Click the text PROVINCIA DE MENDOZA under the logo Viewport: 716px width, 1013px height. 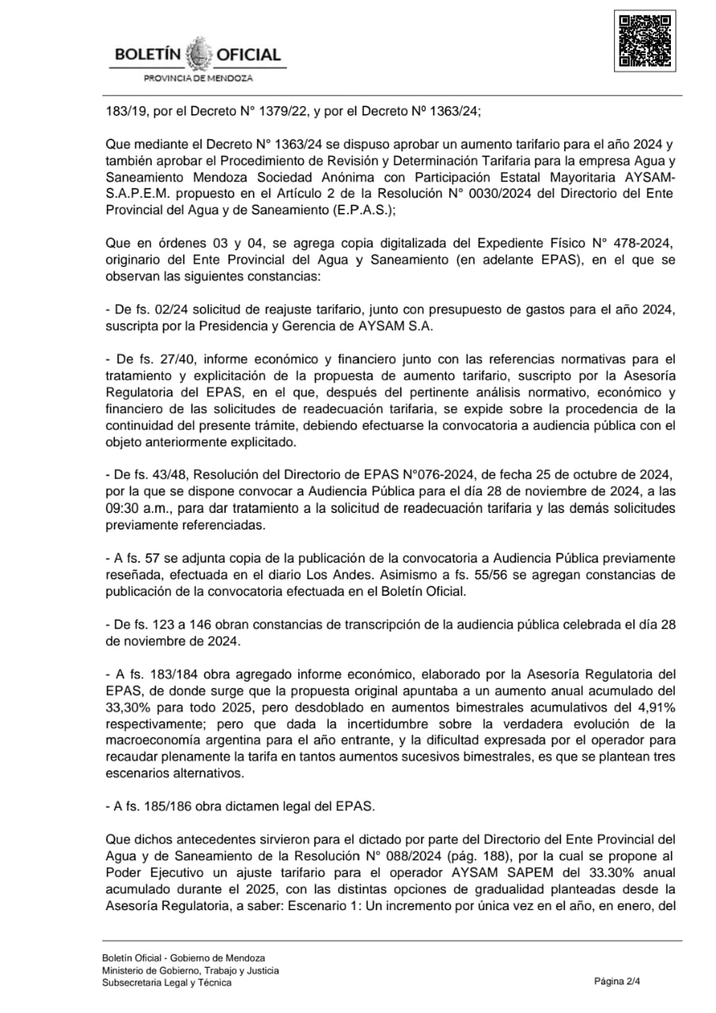[x=198, y=78]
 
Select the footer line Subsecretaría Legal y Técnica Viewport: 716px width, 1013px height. [x=167, y=983]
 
